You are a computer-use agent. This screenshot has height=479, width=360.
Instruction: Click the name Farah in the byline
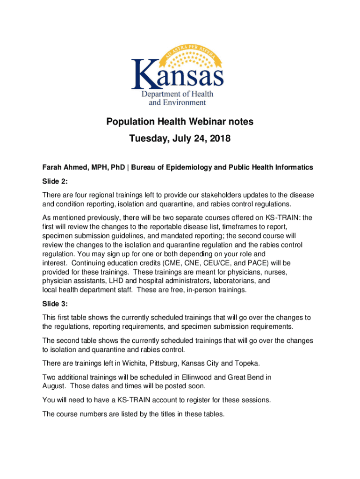pos(52,167)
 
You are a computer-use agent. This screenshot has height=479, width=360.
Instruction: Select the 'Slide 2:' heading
pos(55,181)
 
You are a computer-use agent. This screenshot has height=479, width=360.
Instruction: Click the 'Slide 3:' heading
pos(55,304)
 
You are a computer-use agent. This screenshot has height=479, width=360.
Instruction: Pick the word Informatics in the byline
pos(294,167)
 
